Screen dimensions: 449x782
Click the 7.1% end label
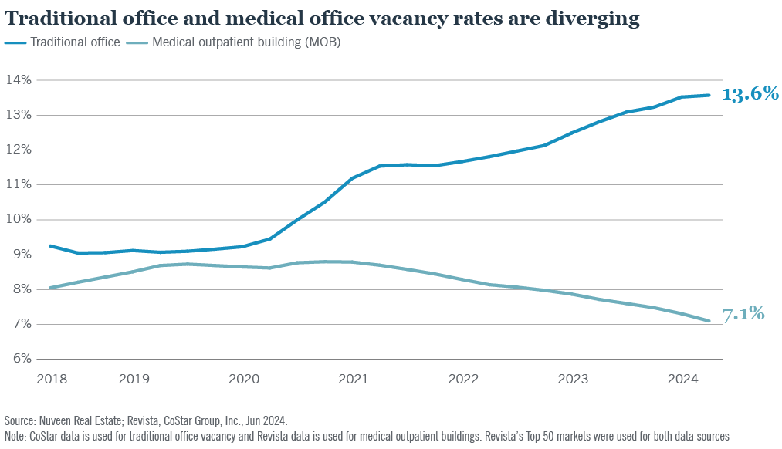[x=743, y=314]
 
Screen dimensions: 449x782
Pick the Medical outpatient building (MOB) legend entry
[x=246, y=42]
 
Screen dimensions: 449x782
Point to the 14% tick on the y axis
[x=19, y=80]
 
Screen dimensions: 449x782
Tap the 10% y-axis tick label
[x=19, y=219]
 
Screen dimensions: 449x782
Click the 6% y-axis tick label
[x=20, y=359]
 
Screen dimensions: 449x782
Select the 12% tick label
[x=19, y=150]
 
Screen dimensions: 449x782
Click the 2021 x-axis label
[x=353, y=379]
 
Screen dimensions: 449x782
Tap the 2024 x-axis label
[x=682, y=379]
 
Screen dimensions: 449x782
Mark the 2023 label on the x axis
[x=573, y=379]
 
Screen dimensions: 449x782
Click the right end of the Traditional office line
[x=709, y=95]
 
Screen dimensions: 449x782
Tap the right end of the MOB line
[x=709, y=321]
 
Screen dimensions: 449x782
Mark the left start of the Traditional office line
[x=50, y=246]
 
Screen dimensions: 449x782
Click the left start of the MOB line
[x=50, y=288]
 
